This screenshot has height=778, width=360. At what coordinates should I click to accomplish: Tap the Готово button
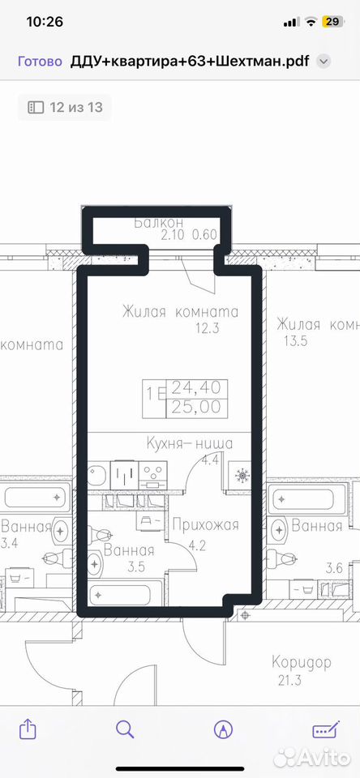coord(40,62)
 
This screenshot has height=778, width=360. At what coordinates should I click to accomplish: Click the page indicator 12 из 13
coord(65,107)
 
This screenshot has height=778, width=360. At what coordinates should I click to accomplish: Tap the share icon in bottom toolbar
coord(28,729)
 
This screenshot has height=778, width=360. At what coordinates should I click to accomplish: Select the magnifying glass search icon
coord(125,729)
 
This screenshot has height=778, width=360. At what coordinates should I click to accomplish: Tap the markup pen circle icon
coord(223,730)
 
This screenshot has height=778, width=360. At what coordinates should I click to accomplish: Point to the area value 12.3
coord(207,328)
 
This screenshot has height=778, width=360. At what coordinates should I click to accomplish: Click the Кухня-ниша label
coord(190,443)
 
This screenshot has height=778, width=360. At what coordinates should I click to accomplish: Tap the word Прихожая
coord(206,524)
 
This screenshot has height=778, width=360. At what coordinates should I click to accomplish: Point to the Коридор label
coord(302,662)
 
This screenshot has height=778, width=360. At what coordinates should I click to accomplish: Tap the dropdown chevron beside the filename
coord(324,62)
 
